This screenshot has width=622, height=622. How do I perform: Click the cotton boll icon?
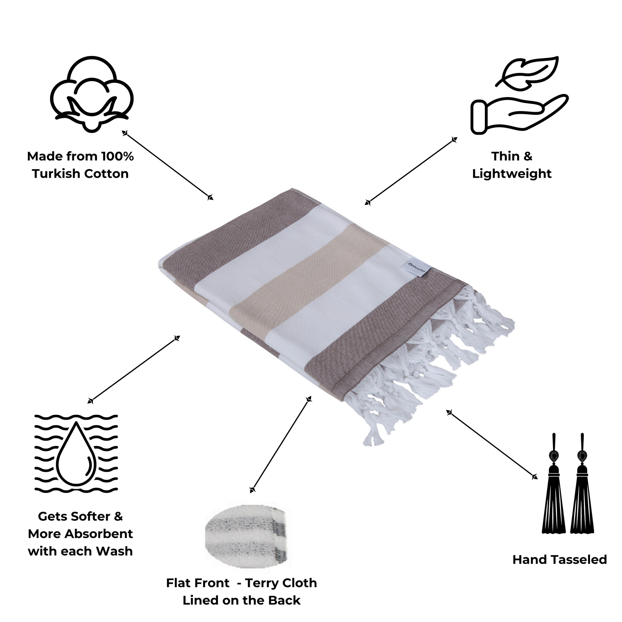click(x=92, y=94)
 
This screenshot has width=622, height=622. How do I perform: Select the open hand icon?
click(x=519, y=114)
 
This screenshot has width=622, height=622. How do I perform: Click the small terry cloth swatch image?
click(x=248, y=538)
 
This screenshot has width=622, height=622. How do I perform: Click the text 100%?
click(x=117, y=157)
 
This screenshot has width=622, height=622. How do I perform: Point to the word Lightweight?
click(x=512, y=174)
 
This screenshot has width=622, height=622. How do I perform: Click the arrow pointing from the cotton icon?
click(x=167, y=165)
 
